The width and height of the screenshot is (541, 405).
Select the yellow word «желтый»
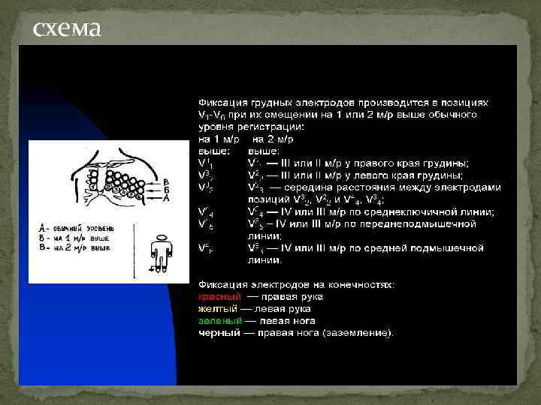point(216,308)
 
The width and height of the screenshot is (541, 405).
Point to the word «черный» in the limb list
point(215,332)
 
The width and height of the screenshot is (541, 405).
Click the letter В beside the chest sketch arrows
point(165,182)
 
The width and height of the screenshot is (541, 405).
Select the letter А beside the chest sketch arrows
point(165,198)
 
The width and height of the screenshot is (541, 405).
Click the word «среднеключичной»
point(417,212)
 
